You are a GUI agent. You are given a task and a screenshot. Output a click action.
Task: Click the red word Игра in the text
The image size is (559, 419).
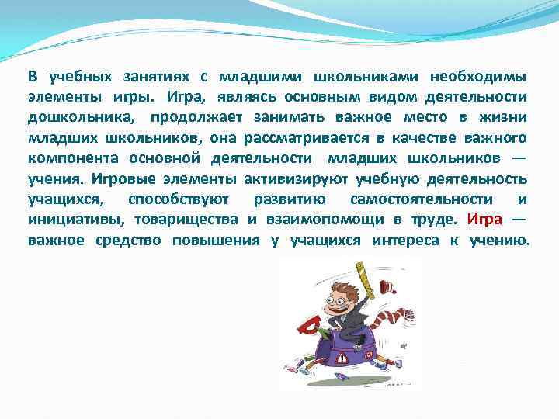pyautogui.click(x=485, y=220)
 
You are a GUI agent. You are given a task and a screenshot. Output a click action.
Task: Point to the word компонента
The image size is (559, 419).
pyautogui.click(x=66, y=159)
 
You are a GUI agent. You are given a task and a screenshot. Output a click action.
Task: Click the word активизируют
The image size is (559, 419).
pyautogui.click(x=313, y=179)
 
